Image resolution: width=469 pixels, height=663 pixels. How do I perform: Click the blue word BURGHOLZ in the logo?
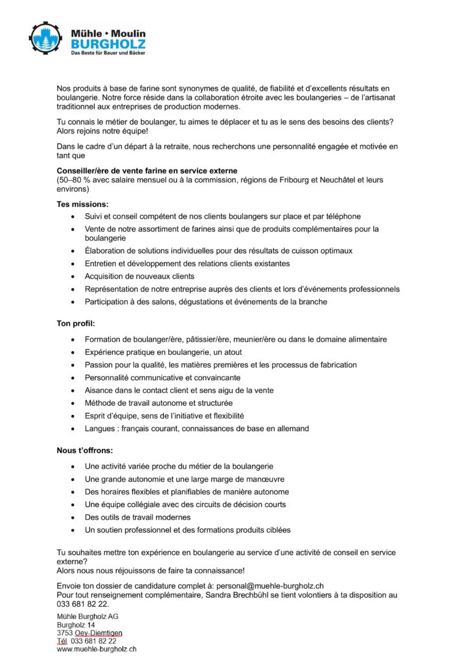click(x=108, y=44)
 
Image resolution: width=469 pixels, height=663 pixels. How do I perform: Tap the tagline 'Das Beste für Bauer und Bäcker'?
click(x=108, y=53)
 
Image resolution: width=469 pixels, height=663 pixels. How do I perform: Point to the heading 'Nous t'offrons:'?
click(x=85, y=449)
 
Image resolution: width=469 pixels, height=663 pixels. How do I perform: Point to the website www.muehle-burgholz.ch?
click(x=97, y=649)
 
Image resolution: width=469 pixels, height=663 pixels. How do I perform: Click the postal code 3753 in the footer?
click(x=65, y=633)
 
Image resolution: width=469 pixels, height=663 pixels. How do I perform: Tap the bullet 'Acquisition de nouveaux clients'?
click(x=139, y=276)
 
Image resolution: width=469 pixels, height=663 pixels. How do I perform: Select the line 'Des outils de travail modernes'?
click(x=137, y=517)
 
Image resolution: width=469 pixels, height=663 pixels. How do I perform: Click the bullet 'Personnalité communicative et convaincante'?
click(x=163, y=377)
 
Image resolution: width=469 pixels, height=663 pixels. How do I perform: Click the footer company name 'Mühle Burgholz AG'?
click(x=87, y=616)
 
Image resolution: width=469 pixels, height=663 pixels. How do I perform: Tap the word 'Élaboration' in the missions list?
click(x=104, y=250)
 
